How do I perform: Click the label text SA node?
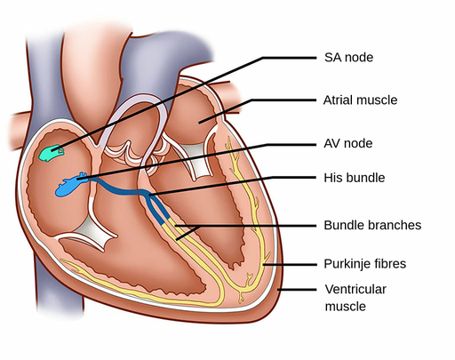pyautogui.click(x=347, y=58)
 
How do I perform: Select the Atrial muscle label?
pyautogui.click(x=361, y=100)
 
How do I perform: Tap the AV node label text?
pyautogui.click(x=347, y=143)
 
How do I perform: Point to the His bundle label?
pyautogui.click(x=354, y=178)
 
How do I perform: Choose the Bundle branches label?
pyautogui.click(x=372, y=225)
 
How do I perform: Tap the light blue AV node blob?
pyautogui.click(x=69, y=187)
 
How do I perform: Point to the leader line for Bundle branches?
pyautogui.click(x=249, y=226)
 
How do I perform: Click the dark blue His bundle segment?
pyautogui.click(x=124, y=188)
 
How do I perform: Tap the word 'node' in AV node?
pyautogui.click(x=359, y=143)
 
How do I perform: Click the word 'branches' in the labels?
pyautogui.click(x=393, y=225)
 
